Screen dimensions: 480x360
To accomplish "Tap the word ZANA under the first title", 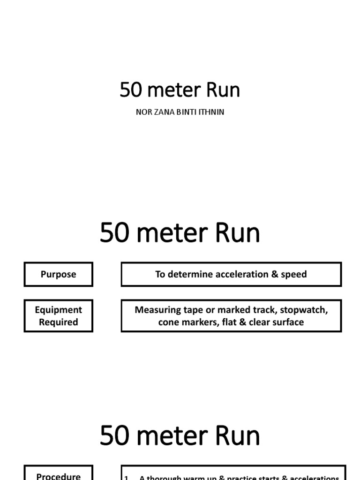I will click(x=162, y=112).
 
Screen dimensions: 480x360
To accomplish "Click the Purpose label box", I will click(x=59, y=274).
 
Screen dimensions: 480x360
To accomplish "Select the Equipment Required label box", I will click(x=59, y=316).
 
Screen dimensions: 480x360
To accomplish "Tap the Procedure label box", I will click(x=59, y=473).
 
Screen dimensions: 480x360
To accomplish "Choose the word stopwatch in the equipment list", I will click(x=303, y=310).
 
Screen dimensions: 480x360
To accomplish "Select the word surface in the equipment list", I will click(x=286, y=322).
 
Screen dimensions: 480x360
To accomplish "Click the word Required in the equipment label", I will click(x=59, y=322).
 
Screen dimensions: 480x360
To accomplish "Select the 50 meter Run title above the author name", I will click(x=180, y=90).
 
